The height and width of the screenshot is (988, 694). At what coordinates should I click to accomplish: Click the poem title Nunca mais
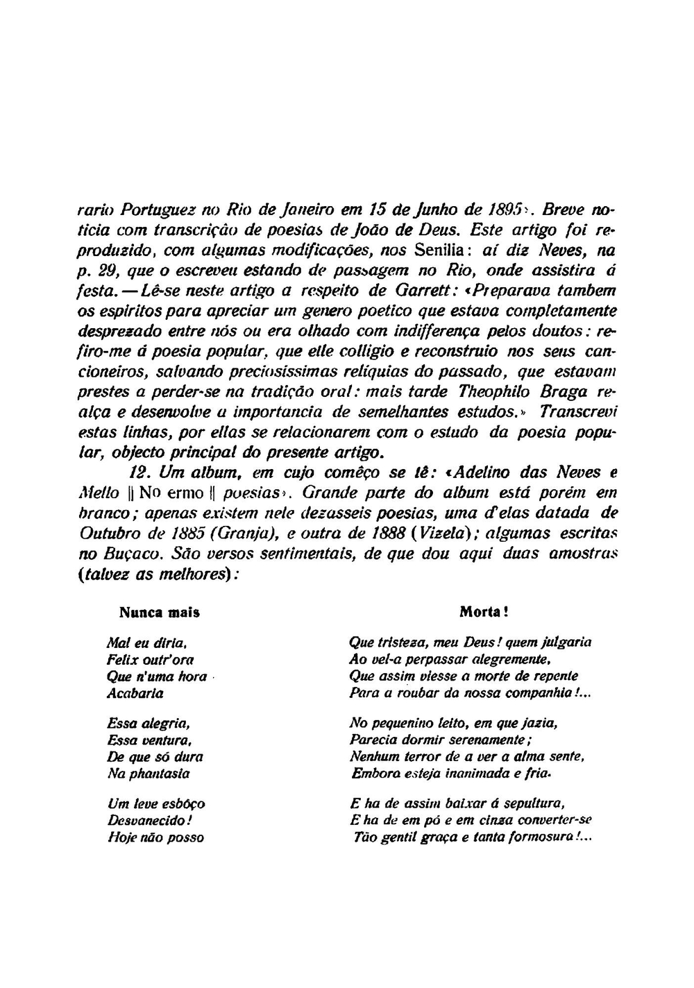(160, 613)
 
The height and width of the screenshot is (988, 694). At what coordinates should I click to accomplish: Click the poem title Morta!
(484, 613)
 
